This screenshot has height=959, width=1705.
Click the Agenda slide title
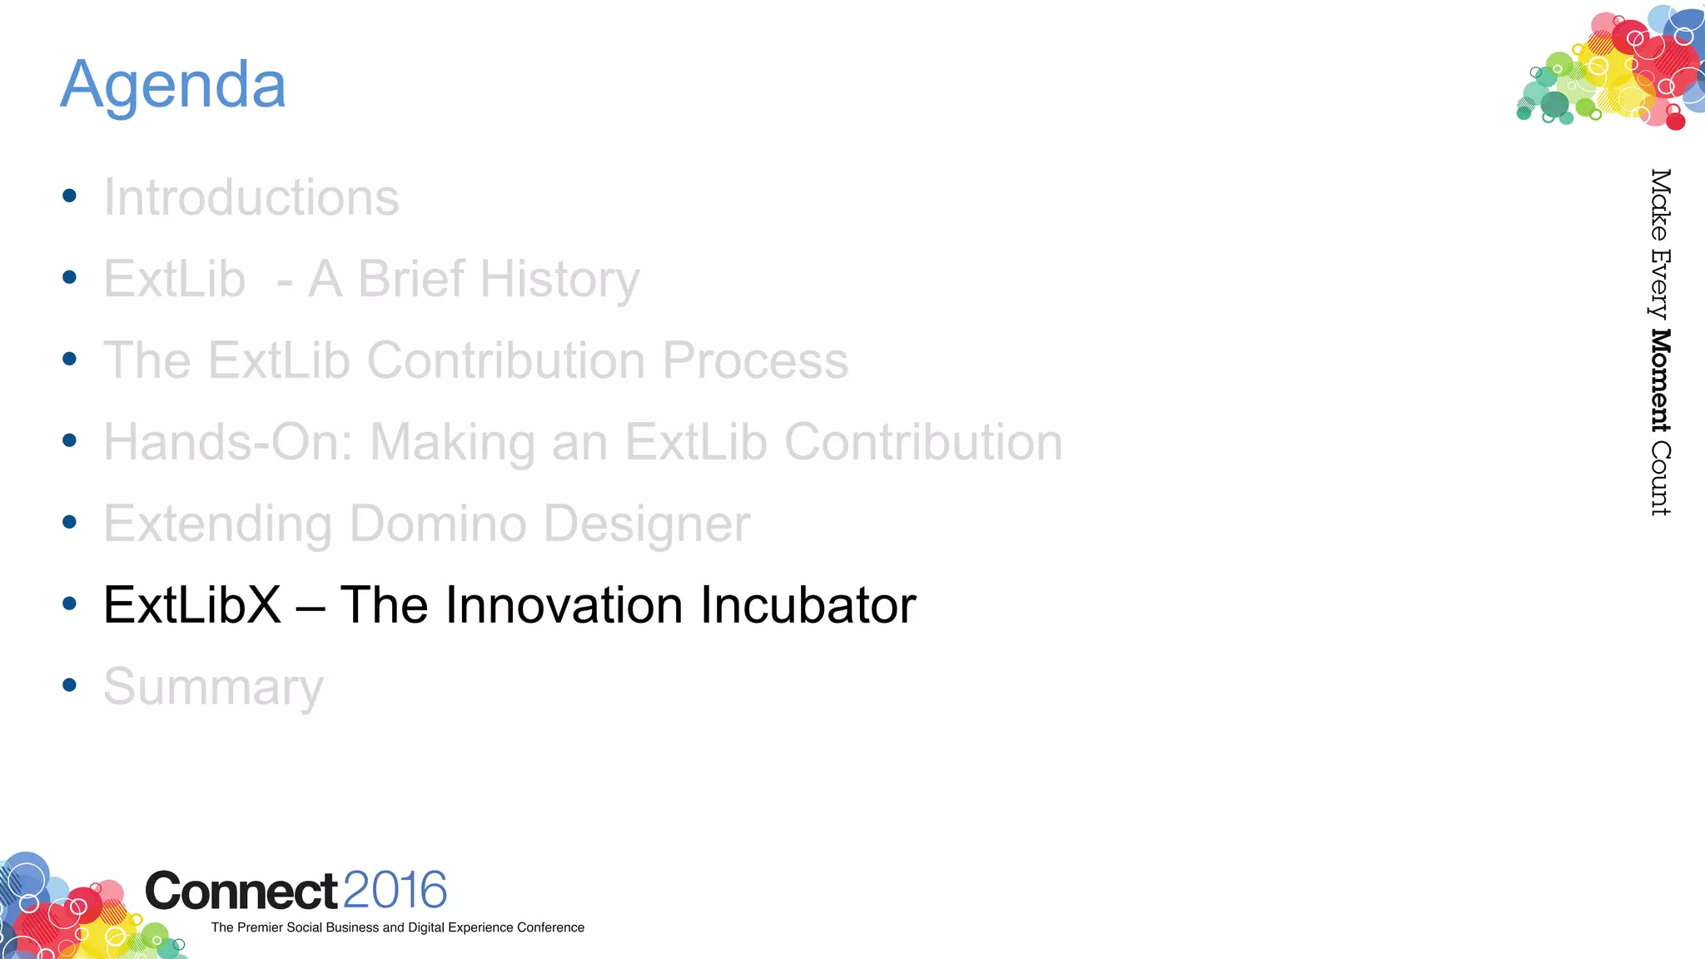pos(173,85)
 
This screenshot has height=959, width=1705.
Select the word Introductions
pos(251,198)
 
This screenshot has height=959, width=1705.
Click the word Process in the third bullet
pos(755,361)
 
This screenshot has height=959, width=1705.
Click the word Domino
pos(438,524)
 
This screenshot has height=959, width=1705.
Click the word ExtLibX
pos(192,605)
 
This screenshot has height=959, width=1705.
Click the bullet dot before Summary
pos(70,685)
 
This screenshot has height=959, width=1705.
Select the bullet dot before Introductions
pos(70,196)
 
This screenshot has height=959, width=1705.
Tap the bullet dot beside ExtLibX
pos(70,604)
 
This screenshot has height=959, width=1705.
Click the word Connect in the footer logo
pos(241,892)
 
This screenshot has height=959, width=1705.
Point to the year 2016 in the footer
pos(395,890)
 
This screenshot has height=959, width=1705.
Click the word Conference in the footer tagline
pos(550,927)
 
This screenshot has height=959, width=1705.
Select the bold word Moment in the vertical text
pos(1660,380)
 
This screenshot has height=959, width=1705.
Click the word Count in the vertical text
pos(1660,479)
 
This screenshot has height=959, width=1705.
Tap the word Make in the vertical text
pos(1660,204)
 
